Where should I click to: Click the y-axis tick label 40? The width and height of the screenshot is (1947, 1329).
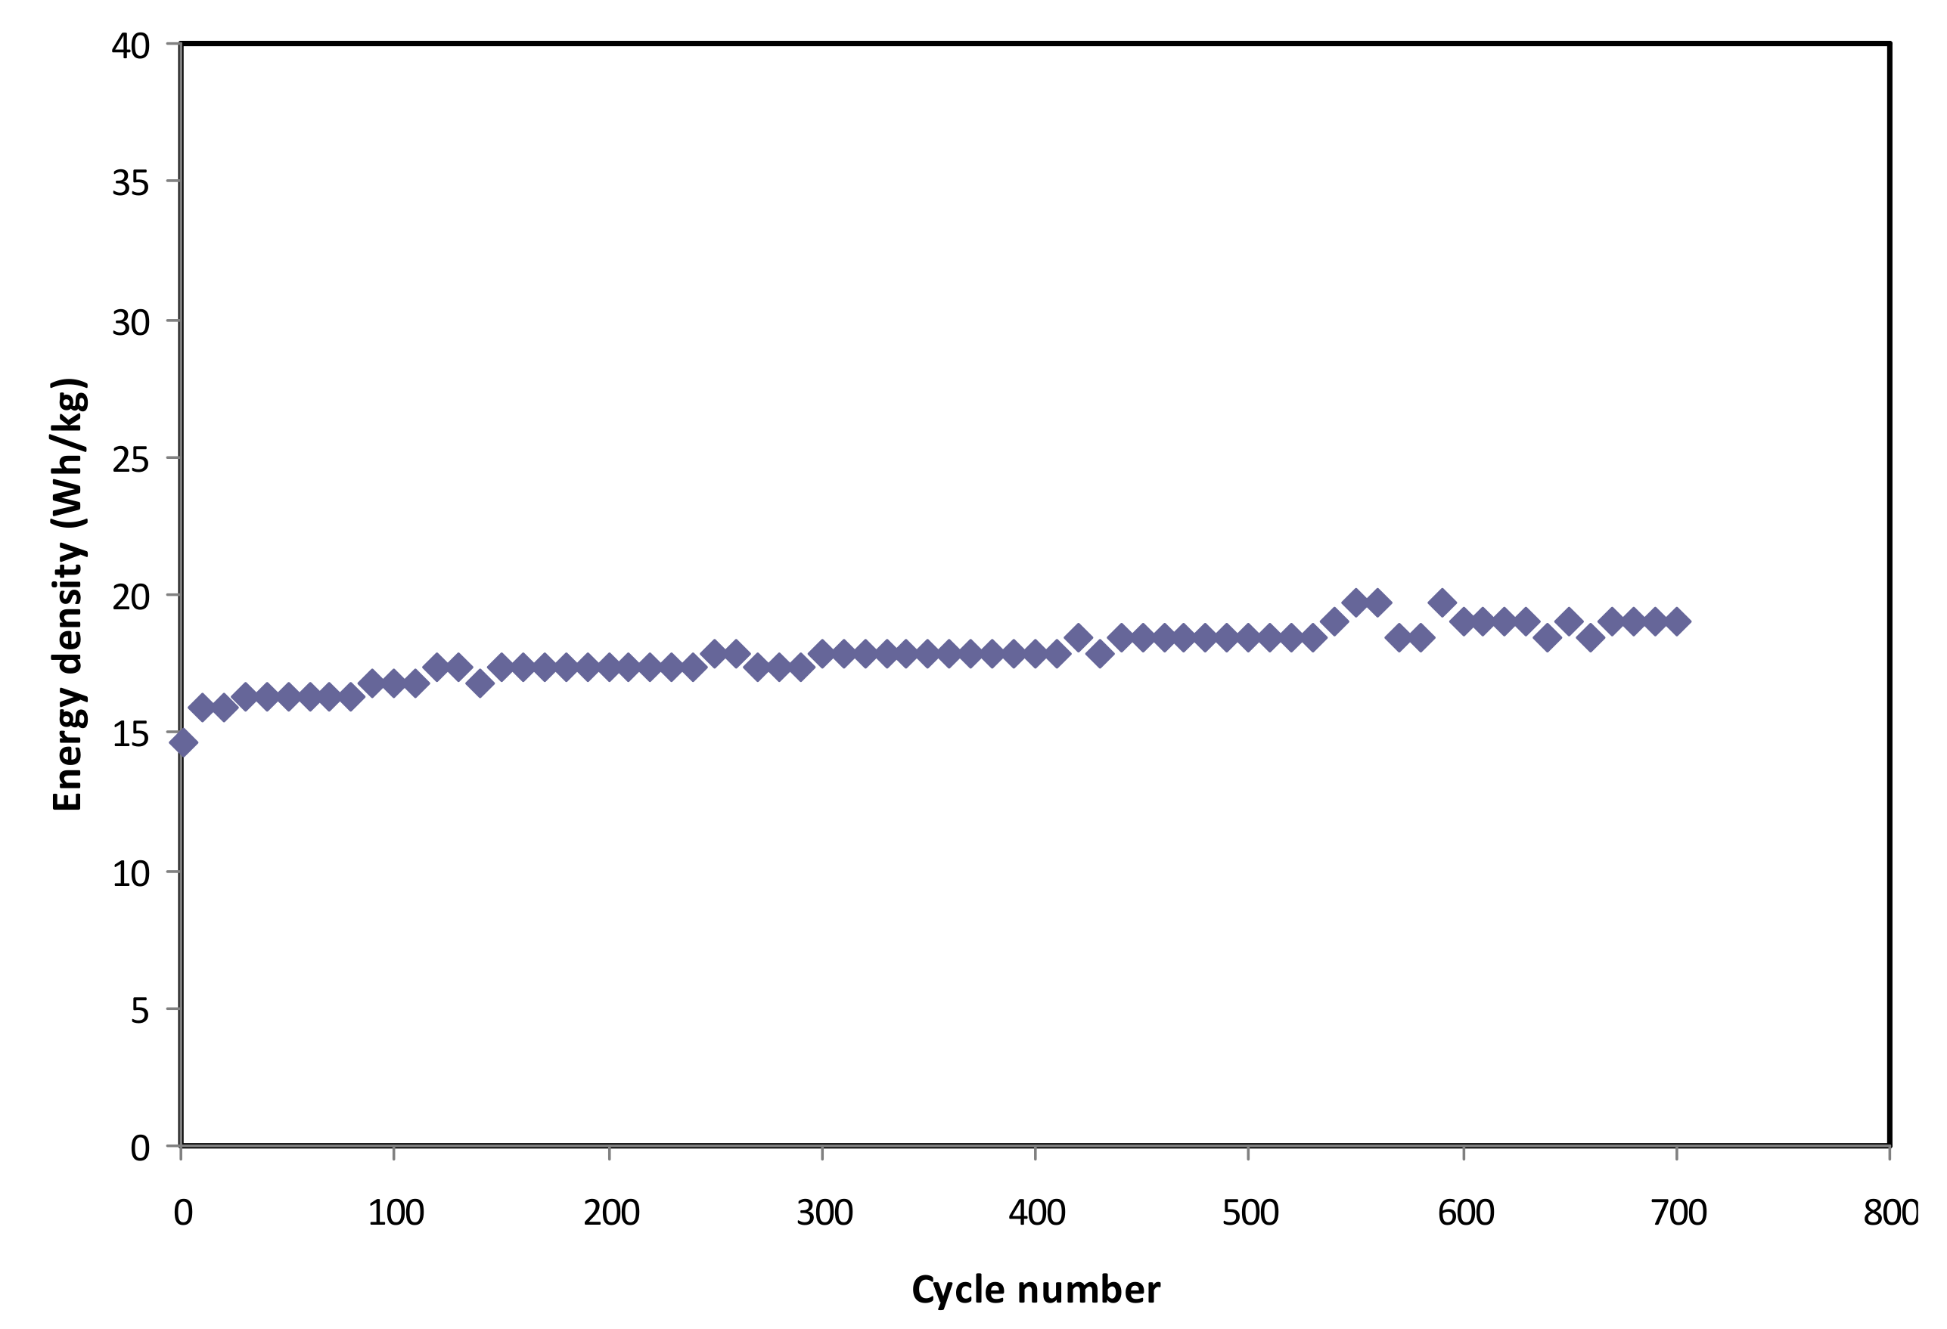coord(131,46)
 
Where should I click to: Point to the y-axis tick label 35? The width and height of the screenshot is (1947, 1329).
coord(131,184)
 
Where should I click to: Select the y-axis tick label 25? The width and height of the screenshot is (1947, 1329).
coord(131,460)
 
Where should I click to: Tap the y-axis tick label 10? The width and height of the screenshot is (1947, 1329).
coord(131,873)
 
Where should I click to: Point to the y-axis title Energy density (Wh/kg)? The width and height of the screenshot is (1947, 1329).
coord(69,595)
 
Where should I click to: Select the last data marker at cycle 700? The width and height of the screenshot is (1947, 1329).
coord(1676,621)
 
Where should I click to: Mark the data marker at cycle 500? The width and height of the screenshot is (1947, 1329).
coord(1248,637)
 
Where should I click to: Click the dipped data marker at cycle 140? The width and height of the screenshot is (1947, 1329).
coord(480,683)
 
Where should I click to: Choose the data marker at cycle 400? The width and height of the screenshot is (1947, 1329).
coord(1036,653)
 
